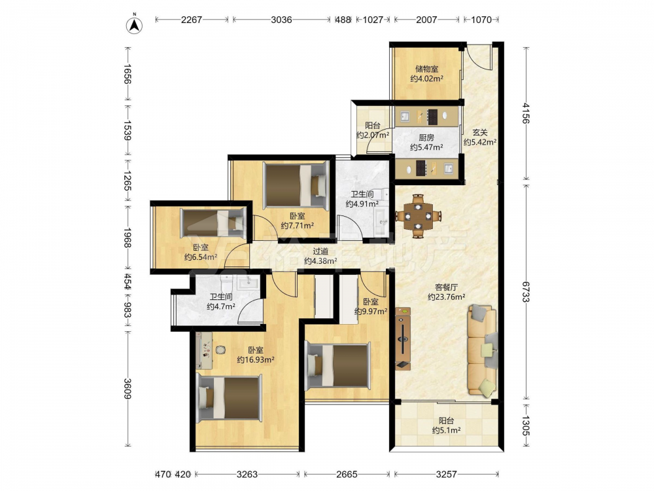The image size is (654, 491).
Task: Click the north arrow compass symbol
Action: (134, 25)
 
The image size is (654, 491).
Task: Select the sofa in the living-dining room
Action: (483, 350)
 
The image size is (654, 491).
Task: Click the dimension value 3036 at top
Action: (281, 20)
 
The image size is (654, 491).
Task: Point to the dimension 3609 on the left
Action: (128, 389)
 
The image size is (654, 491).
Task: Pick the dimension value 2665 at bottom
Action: (347, 474)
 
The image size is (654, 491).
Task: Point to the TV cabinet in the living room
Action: (403, 338)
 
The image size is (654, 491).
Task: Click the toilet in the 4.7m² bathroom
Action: (227, 283)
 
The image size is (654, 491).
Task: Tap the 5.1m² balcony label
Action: (446, 426)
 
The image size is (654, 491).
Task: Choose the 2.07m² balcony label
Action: (373, 130)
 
